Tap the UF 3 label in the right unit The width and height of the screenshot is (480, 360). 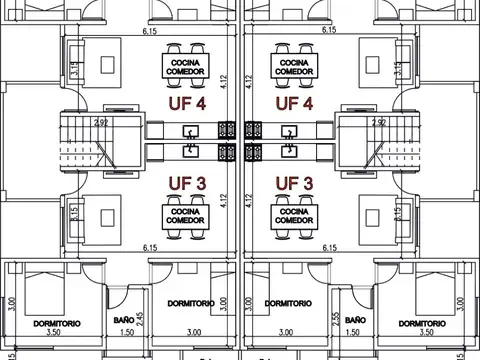(x=295, y=183)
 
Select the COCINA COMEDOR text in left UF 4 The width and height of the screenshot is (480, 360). (x=185, y=65)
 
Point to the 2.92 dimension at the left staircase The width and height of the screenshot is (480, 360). (x=101, y=122)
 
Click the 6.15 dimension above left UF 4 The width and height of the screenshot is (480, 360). (x=150, y=32)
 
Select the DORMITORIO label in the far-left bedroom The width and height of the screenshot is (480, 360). (x=56, y=323)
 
